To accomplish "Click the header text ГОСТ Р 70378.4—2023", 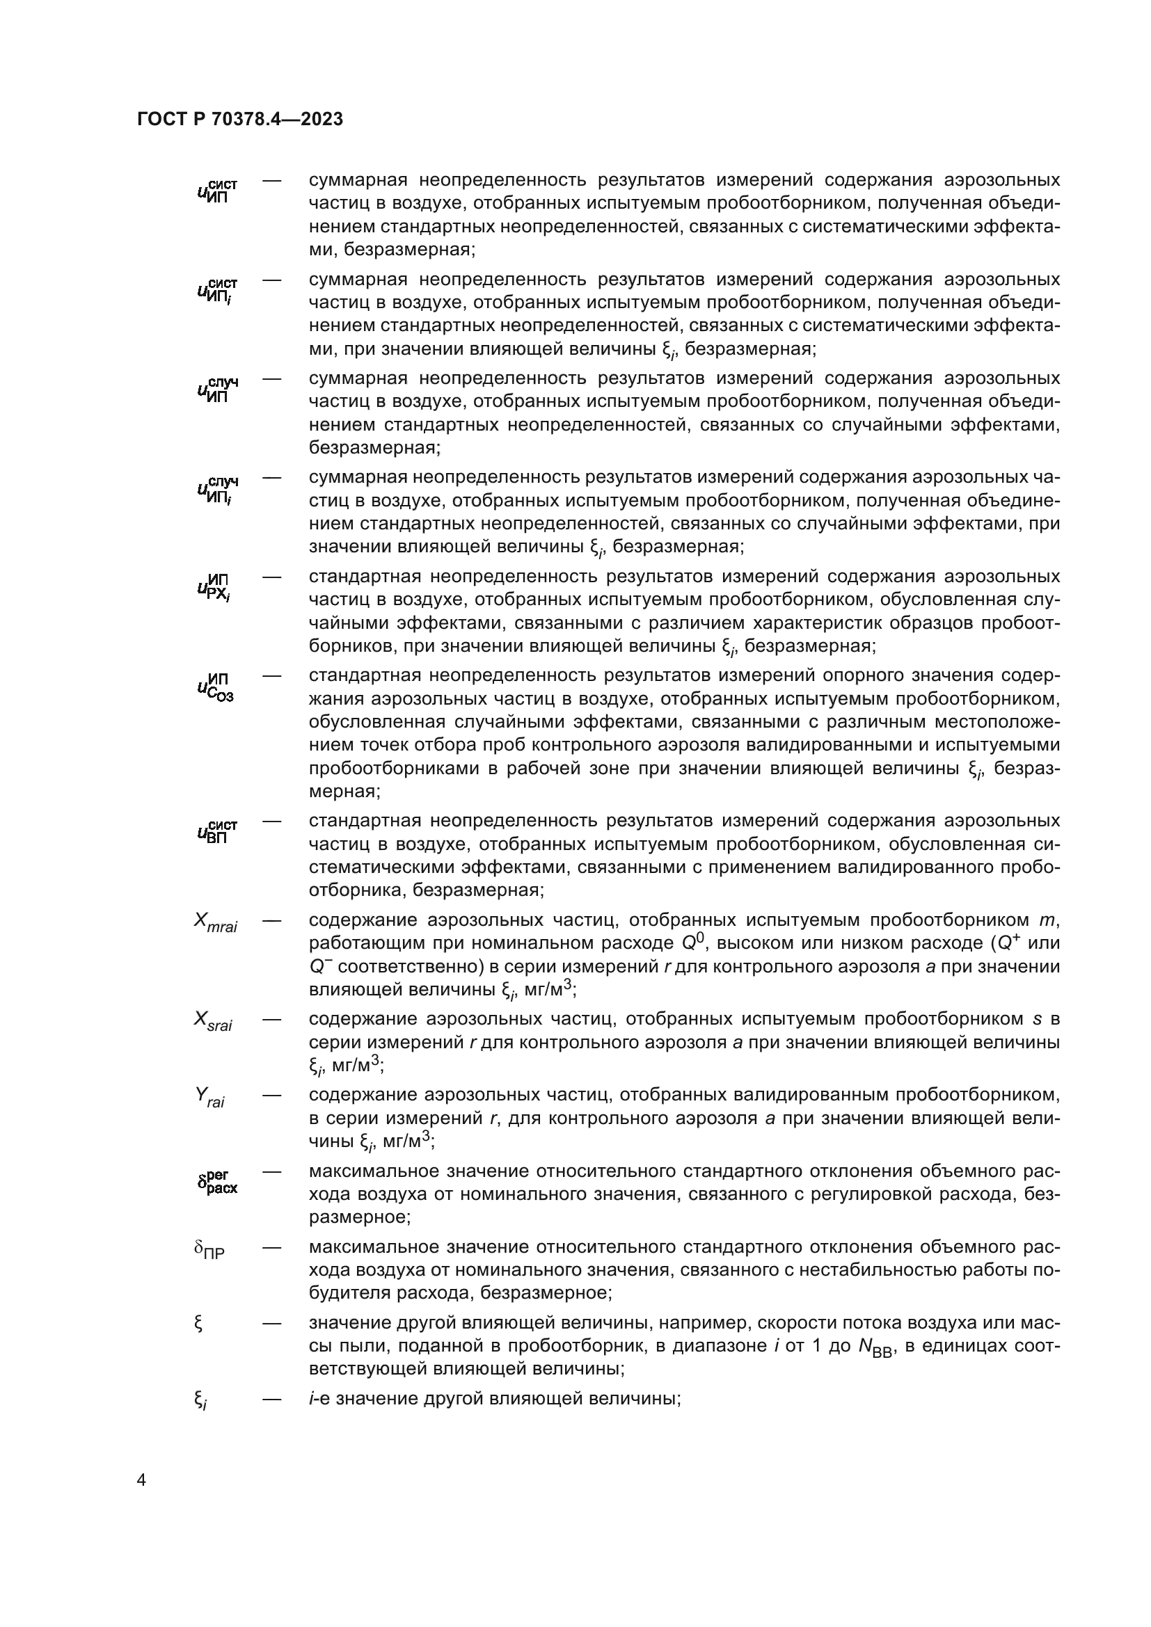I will (x=240, y=120).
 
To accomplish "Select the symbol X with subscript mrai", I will (x=216, y=922).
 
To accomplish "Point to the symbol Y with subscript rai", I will (x=209, y=1098).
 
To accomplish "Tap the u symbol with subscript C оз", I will (x=216, y=687).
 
